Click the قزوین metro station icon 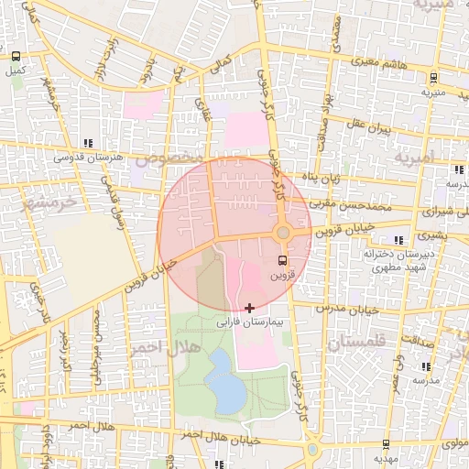point(280,260)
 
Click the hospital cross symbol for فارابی point(250,308)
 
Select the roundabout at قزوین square point(283,234)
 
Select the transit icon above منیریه point(432,79)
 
